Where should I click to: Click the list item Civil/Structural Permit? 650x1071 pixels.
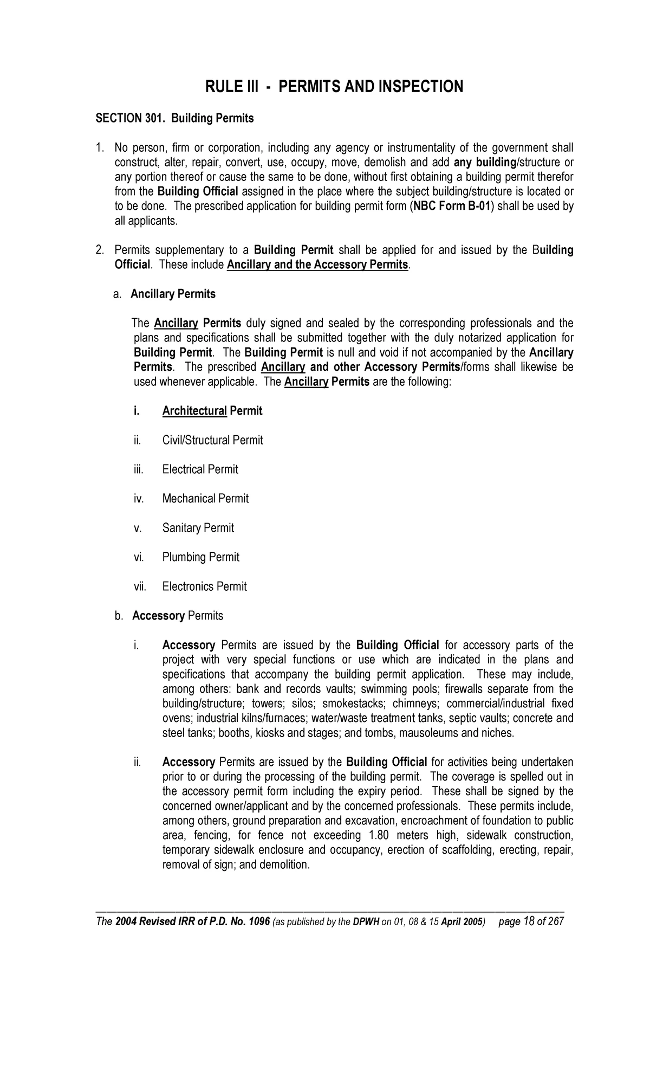click(212, 440)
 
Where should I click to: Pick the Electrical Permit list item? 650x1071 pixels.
click(200, 469)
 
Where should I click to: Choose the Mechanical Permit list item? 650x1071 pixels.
click(205, 499)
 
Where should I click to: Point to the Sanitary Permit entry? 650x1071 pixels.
click(198, 528)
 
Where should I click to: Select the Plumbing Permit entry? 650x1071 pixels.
click(200, 557)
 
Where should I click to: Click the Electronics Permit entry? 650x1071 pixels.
click(204, 586)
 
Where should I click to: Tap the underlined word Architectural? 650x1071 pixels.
click(194, 411)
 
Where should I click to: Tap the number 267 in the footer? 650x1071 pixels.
click(555, 922)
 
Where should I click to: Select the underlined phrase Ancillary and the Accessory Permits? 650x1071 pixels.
click(317, 265)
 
